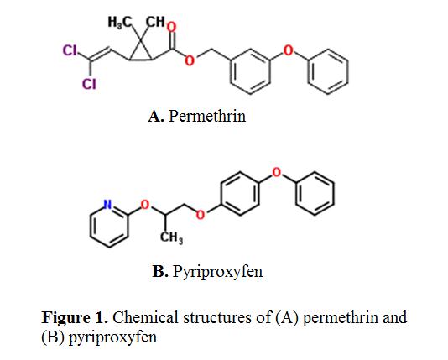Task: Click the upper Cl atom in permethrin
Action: (x=70, y=50)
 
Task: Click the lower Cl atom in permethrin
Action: (x=89, y=84)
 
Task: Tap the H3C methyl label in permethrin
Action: (x=119, y=22)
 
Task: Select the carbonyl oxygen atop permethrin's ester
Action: (x=171, y=27)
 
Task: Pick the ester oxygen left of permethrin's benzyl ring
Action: (x=189, y=60)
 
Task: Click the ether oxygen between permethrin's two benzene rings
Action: (x=288, y=50)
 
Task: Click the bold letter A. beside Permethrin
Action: (x=156, y=116)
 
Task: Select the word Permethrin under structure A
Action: (x=207, y=116)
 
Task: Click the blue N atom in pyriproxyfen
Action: (x=107, y=205)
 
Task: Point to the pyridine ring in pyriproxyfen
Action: (x=91, y=227)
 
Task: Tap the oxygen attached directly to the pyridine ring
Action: (x=145, y=205)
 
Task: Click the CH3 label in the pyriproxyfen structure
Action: (x=171, y=237)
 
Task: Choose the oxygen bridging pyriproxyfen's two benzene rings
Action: (x=276, y=173)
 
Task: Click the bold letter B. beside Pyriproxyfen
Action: (x=160, y=271)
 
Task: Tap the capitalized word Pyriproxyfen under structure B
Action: (x=217, y=272)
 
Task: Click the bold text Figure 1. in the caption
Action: (x=75, y=317)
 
